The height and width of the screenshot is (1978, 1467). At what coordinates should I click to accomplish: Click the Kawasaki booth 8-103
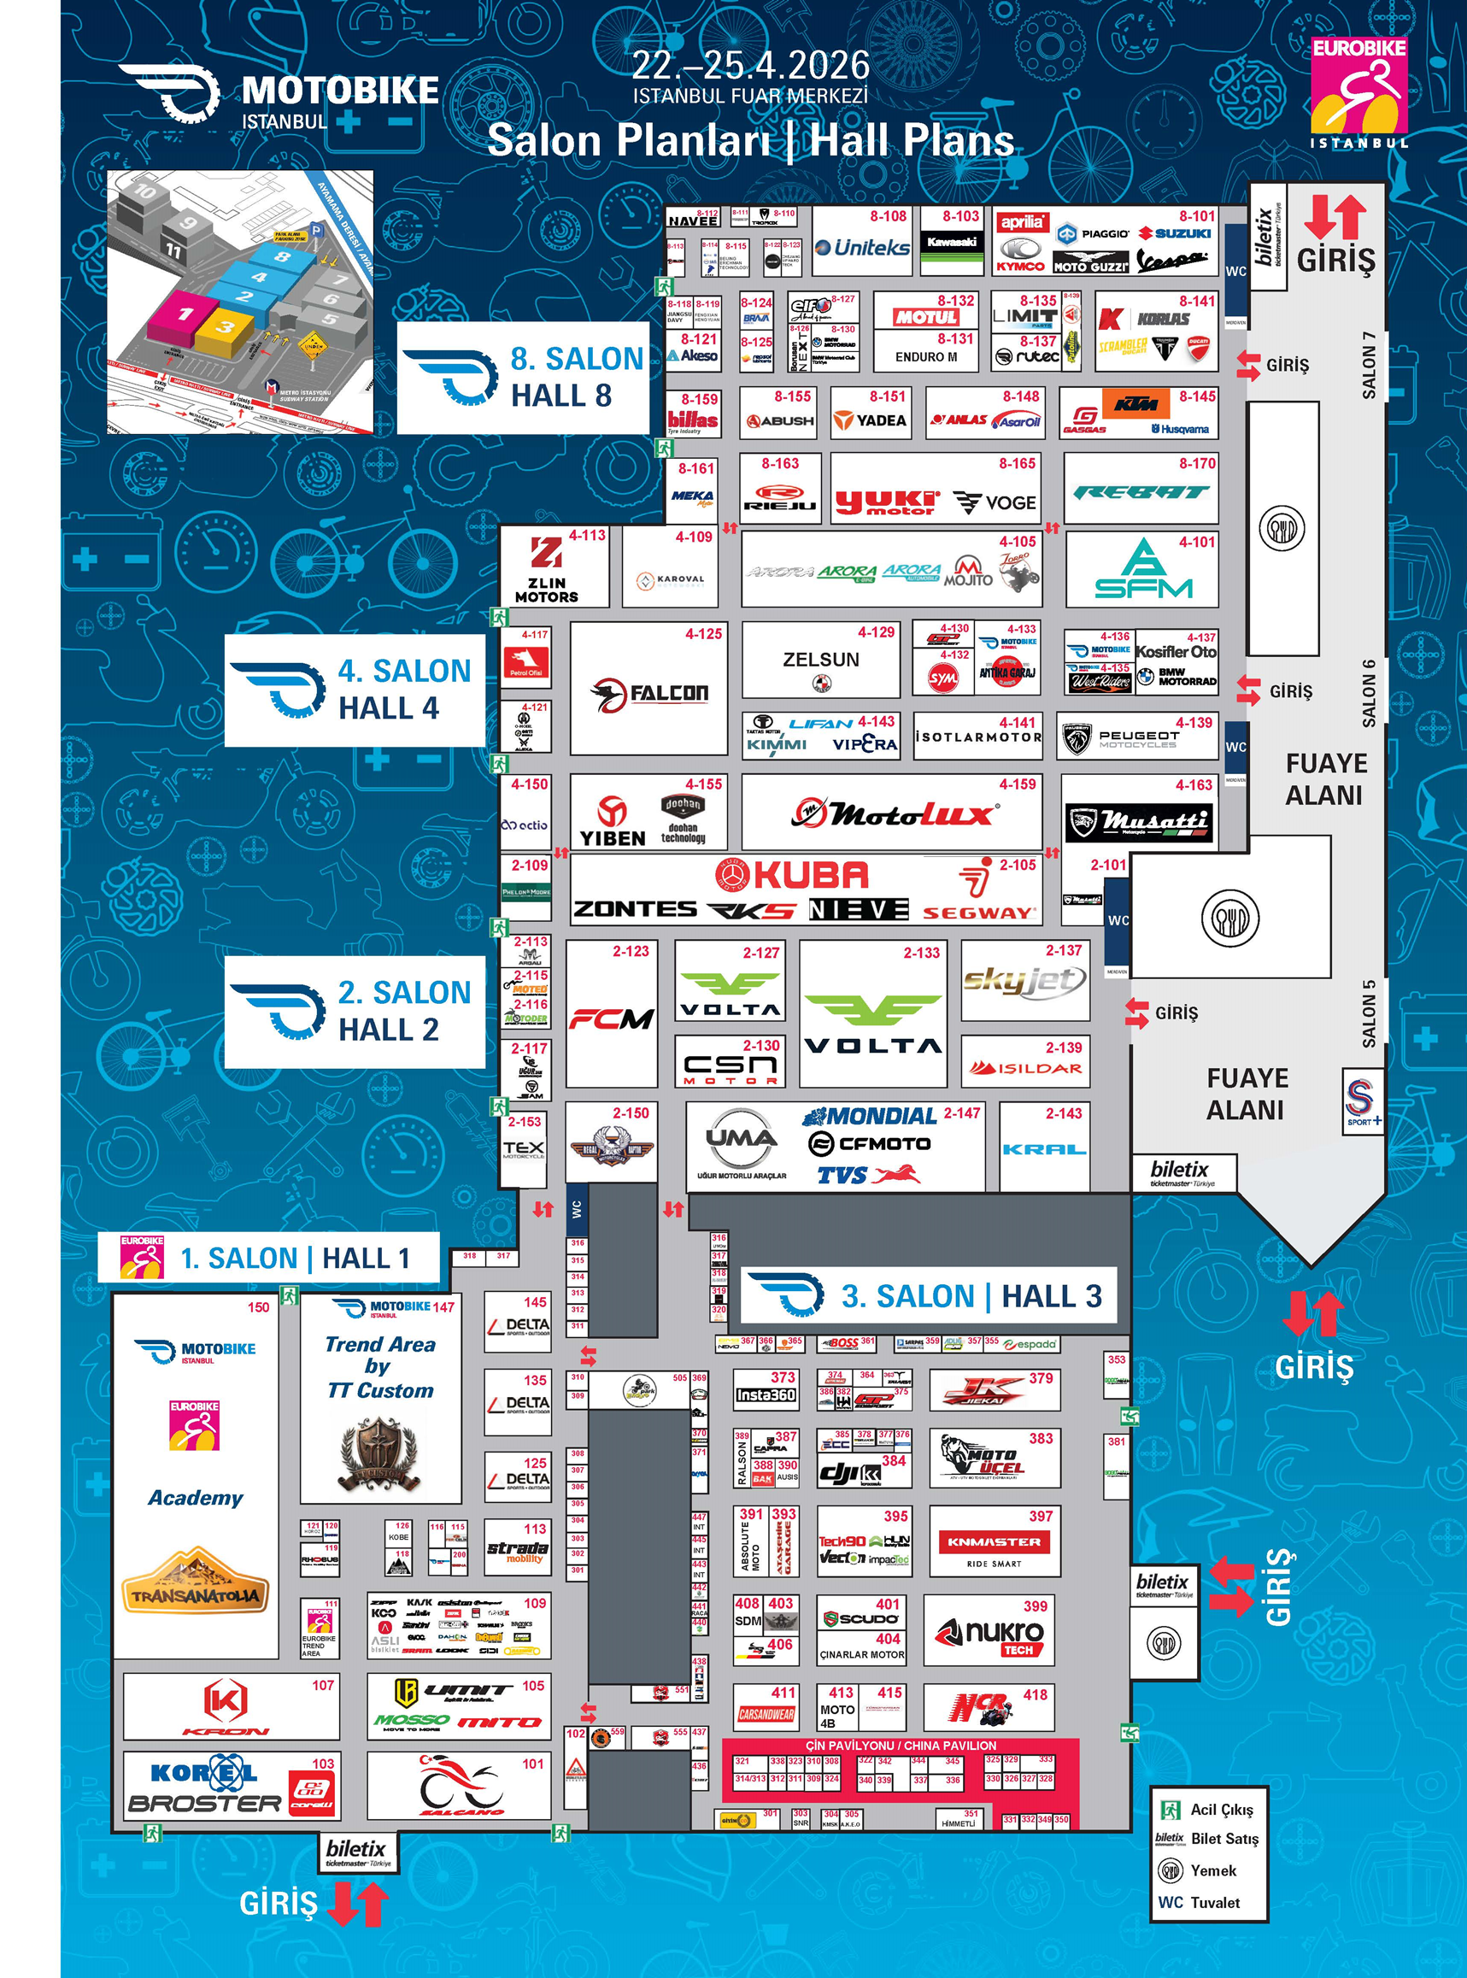pyautogui.click(x=951, y=242)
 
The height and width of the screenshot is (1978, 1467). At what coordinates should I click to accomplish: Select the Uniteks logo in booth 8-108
pyautogui.click(x=860, y=248)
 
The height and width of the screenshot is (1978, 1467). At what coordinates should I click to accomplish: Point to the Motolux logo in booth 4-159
pyautogui.click(x=893, y=813)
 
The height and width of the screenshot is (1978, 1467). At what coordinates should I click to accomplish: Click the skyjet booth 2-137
pyautogui.click(x=1024, y=981)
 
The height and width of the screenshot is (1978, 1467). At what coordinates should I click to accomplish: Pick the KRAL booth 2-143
pyautogui.click(x=1043, y=1149)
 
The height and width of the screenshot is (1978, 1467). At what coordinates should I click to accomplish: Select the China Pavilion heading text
pyautogui.click(x=901, y=1746)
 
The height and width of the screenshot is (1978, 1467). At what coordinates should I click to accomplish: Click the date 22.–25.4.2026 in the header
pyautogui.click(x=750, y=65)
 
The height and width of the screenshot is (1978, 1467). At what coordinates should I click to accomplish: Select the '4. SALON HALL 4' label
pyautogui.click(x=355, y=690)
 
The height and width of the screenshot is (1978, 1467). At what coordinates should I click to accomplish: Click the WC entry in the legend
pyautogui.click(x=1199, y=1902)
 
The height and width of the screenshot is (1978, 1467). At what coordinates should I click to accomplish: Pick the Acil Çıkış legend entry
pyautogui.click(x=1208, y=1810)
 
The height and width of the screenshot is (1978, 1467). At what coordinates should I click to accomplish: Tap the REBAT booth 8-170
pyautogui.click(x=1141, y=491)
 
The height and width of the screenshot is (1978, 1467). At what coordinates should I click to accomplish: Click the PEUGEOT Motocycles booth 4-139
pyautogui.click(x=1137, y=737)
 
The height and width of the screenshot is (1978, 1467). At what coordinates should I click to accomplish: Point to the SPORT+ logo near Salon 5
pyautogui.click(x=1361, y=1101)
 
